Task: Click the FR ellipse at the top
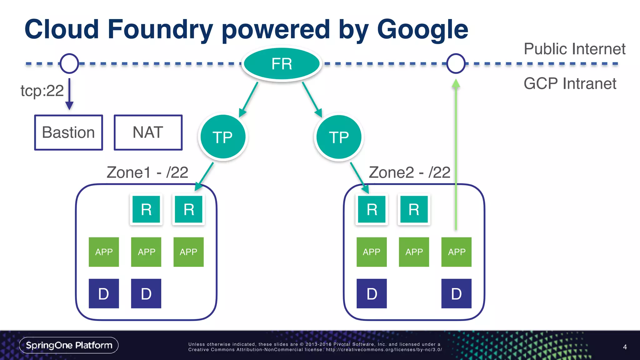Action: (282, 64)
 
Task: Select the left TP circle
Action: (223, 137)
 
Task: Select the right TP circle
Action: (339, 137)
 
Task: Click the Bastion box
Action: (68, 132)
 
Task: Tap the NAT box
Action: (148, 132)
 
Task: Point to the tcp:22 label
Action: (42, 91)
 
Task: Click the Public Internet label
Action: (574, 49)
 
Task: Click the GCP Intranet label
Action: (570, 84)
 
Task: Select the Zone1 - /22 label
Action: (147, 172)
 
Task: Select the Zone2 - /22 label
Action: (409, 172)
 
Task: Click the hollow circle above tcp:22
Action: (69, 63)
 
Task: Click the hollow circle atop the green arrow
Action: (456, 63)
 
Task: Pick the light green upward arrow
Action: (456, 156)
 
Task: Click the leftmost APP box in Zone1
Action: (104, 252)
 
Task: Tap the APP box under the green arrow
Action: (456, 252)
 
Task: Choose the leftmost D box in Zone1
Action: (104, 293)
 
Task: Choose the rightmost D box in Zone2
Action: (456, 293)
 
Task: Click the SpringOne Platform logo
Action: (69, 345)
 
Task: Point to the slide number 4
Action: (625, 347)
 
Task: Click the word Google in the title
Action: (422, 30)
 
